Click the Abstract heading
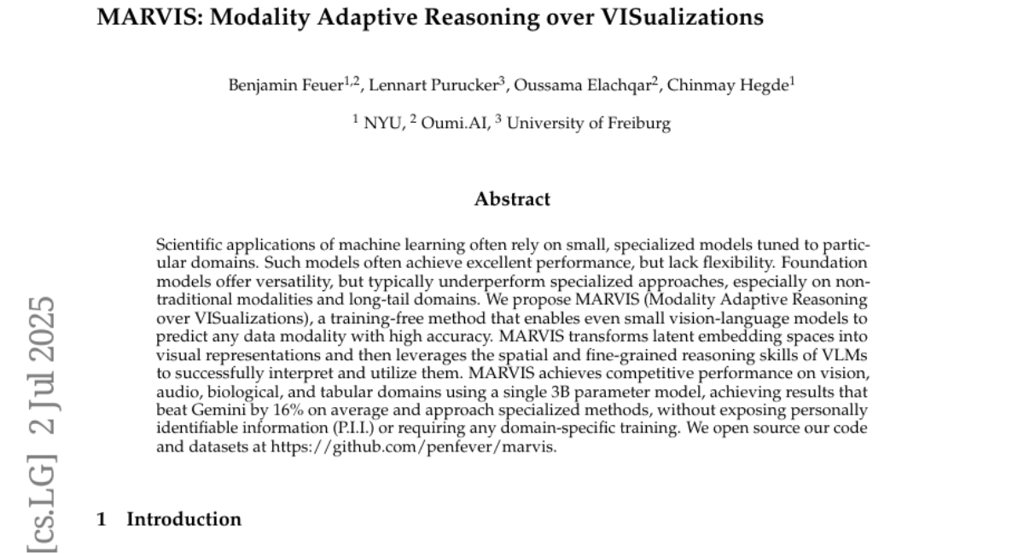pos(512,200)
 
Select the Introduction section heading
pos(183,519)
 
